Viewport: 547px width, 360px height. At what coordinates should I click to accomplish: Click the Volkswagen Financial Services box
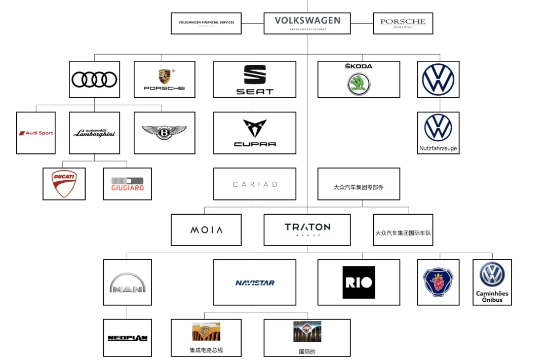206,23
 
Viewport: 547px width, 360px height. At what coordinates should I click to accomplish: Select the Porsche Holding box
403,23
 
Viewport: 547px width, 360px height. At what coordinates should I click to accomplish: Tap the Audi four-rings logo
94,79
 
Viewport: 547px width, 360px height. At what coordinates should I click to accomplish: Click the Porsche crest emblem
164,76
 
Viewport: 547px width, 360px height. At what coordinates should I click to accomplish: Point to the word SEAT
254,92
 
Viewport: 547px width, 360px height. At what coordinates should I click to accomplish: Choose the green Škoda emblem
359,84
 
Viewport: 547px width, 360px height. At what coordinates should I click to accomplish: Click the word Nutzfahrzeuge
438,148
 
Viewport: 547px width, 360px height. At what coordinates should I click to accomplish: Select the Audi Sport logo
36,133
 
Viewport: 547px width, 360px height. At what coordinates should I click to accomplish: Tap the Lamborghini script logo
94,133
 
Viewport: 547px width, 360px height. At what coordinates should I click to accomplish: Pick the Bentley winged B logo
164,133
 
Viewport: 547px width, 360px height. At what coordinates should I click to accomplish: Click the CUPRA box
254,133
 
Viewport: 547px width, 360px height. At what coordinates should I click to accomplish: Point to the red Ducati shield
64,184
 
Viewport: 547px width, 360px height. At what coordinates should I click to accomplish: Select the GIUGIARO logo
127,184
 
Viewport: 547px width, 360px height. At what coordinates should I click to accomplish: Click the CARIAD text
255,184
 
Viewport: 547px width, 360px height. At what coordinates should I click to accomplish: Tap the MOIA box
206,230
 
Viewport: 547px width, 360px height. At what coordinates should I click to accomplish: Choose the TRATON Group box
307,230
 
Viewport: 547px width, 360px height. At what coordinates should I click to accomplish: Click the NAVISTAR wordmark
255,283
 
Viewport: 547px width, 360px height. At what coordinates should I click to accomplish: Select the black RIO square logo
359,282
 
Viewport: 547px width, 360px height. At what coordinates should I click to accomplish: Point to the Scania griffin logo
438,283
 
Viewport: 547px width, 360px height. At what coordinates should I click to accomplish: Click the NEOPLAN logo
127,338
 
